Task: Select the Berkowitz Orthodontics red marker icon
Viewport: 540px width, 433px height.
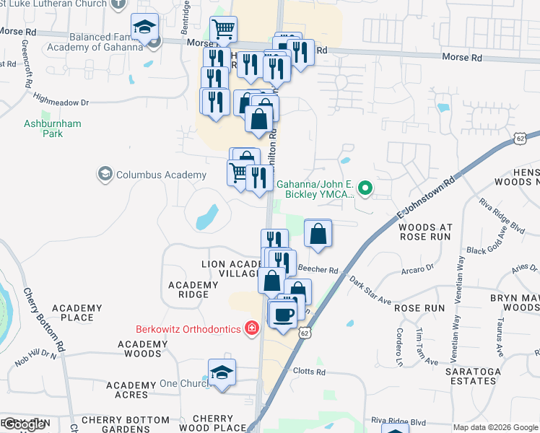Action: click(x=251, y=329)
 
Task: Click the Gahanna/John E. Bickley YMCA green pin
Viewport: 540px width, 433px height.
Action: click(x=365, y=190)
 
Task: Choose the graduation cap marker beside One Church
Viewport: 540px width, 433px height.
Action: click(x=222, y=372)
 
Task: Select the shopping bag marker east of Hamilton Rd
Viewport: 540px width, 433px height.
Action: click(x=318, y=233)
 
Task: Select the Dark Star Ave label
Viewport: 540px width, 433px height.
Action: click(x=369, y=289)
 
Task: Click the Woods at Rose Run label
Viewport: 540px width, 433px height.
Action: click(x=424, y=231)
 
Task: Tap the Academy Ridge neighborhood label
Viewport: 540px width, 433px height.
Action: click(x=193, y=289)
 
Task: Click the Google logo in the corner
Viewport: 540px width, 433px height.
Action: click(x=23, y=424)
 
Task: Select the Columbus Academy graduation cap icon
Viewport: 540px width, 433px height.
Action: click(x=105, y=174)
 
